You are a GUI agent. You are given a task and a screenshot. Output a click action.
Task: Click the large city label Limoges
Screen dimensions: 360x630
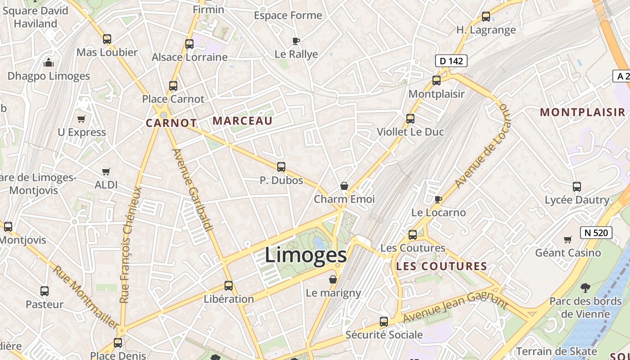point(306,255)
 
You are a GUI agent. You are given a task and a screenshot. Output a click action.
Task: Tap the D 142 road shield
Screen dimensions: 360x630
point(451,61)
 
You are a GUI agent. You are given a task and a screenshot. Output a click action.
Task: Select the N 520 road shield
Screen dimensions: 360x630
point(596,233)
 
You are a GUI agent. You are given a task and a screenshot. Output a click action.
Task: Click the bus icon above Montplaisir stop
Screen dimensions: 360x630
point(436,81)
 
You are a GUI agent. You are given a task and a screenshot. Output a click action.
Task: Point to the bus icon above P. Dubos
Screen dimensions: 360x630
point(281,167)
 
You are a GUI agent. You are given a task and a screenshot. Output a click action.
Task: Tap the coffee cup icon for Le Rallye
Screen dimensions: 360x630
point(296,41)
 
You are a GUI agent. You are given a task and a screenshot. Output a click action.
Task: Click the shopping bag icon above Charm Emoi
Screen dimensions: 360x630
point(344,186)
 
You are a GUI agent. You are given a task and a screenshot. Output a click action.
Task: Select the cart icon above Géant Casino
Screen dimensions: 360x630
point(568,240)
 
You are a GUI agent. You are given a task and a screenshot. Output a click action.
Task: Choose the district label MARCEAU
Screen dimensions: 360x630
point(243,121)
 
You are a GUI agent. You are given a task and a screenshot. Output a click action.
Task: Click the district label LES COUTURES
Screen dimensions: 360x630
point(441,266)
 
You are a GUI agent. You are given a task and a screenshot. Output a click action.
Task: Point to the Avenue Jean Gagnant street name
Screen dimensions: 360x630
point(455,307)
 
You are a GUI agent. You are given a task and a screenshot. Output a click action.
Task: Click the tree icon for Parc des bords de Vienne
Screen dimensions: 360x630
point(585,288)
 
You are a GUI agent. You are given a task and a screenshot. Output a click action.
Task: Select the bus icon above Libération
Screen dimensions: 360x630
point(229,286)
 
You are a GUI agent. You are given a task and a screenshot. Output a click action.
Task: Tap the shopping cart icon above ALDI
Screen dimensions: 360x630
point(106,171)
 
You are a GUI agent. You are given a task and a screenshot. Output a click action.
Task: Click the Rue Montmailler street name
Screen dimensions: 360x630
point(85,297)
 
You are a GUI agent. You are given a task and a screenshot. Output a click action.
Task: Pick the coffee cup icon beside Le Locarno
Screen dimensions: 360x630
point(438,199)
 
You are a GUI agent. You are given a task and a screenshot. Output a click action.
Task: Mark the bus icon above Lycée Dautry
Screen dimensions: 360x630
point(577,187)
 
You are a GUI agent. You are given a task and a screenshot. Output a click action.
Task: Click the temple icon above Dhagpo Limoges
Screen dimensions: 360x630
point(49,63)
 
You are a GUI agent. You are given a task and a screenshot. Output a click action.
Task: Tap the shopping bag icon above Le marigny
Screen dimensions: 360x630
point(333,280)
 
